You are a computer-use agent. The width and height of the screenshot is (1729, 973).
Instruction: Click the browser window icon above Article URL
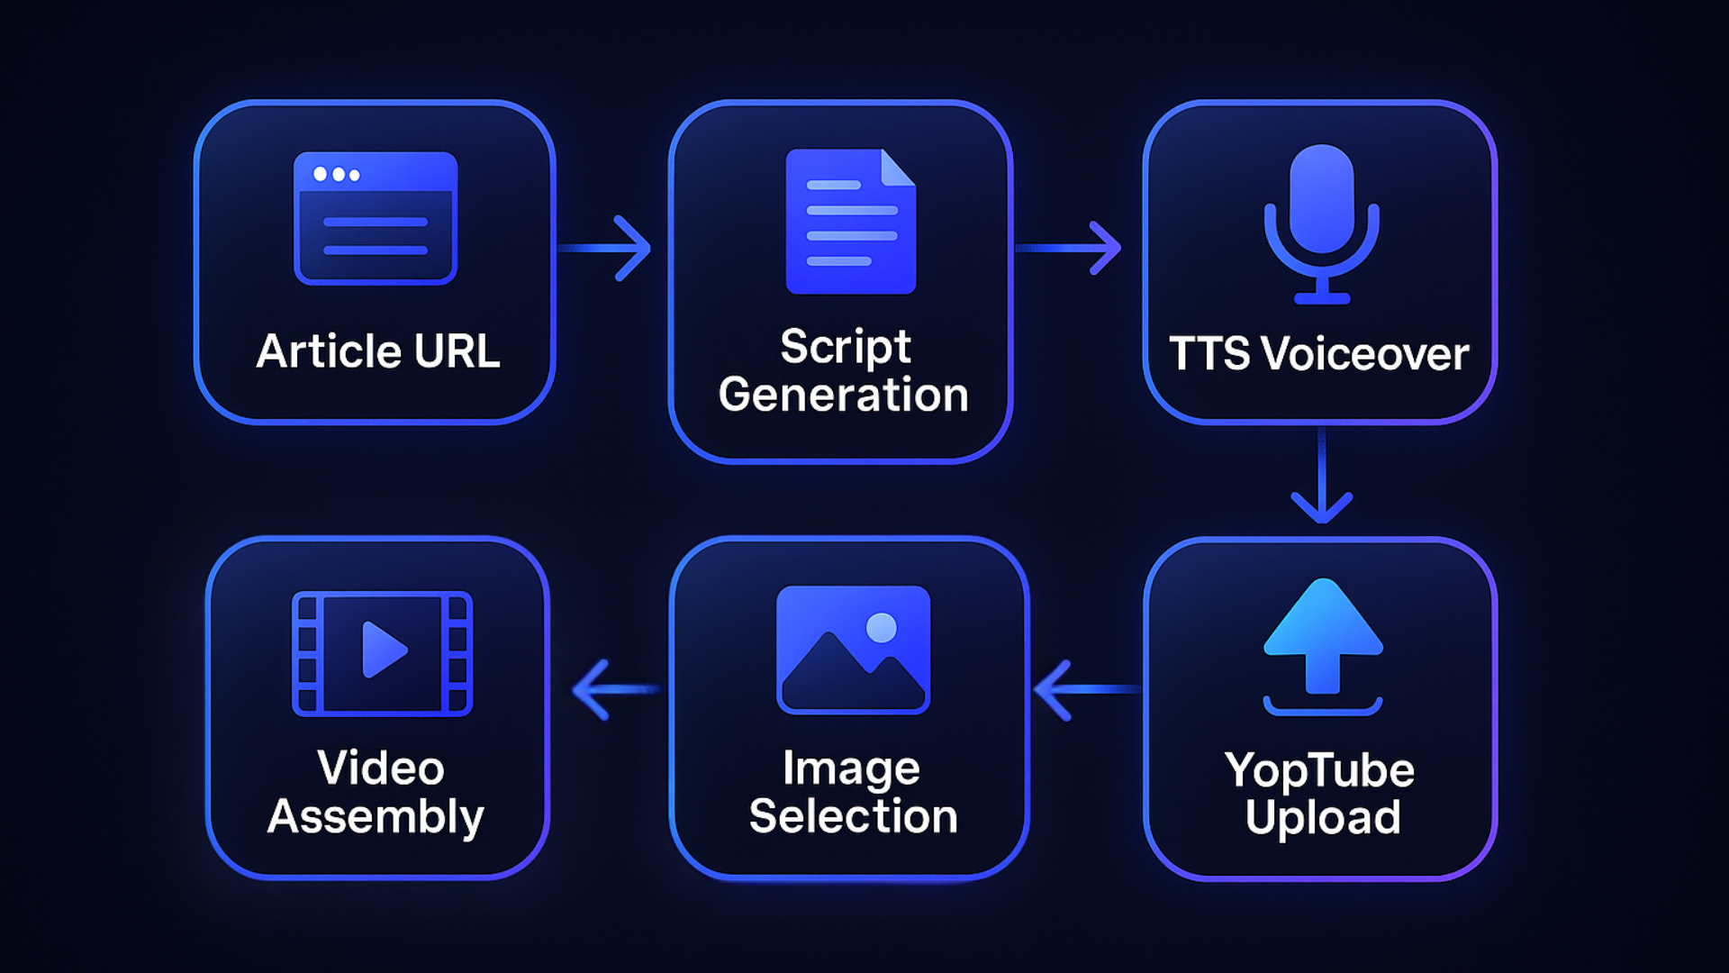(x=376, y=219)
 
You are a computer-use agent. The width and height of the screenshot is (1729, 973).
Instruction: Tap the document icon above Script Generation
(x=850, y=222)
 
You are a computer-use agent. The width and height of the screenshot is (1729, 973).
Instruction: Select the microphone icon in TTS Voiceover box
(x=1321, y=222)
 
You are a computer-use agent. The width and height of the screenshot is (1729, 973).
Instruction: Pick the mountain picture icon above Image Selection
(x=853, y=650)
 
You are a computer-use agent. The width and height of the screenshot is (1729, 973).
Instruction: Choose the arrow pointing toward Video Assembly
(x=613, y=690)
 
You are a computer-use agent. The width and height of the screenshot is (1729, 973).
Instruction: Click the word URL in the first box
(x=457, y=351)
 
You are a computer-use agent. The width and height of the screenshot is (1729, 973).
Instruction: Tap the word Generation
(x=843, y=396)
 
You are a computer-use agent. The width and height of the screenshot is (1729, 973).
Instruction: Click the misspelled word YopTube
(x=1319, y=771)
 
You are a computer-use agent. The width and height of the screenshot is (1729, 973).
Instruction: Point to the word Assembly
(x=376, y=817)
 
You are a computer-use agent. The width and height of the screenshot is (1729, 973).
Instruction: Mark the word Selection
(x=853, y=816)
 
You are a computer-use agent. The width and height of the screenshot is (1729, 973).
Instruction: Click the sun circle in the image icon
(x=881, y=628)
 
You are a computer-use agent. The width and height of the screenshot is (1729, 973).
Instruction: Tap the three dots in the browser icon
(x=336, y=175)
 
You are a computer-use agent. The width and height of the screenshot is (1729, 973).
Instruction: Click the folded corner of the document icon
(x=897, y=168)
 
